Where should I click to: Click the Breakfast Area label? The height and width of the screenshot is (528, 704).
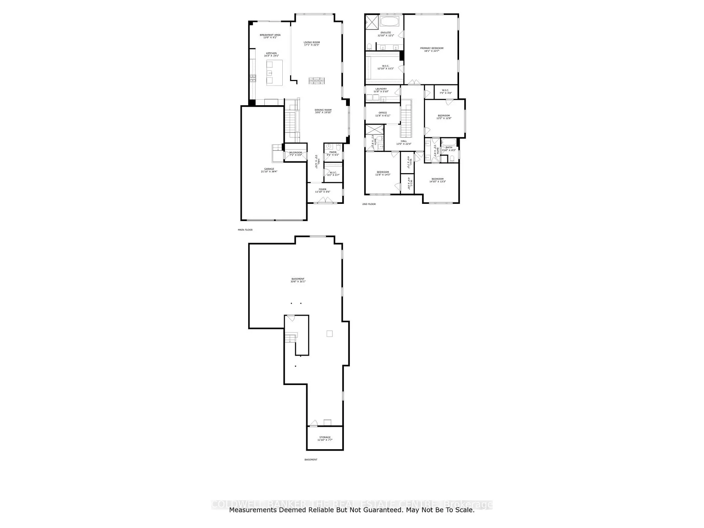pyautogui.click(x=270, y=35)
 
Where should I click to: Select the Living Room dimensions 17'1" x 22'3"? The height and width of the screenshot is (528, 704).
pyautogui.click(x=312, y=45)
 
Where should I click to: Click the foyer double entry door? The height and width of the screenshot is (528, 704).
pyautogui.click(x=323, y=200)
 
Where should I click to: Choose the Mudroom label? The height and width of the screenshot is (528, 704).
pyautogui.click(x=296, y=153)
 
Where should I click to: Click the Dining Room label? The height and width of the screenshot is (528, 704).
pyautogui.click(x=323, y=110)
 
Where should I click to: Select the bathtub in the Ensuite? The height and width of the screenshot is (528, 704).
pyautogui.click(x=391, y=21)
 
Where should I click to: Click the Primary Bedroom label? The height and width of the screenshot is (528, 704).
pyautogui.click(x=432, y=48)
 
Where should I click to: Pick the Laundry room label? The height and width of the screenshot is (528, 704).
pyautogui.click(x=381, y=89)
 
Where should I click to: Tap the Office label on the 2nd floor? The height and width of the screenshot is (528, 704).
pyautogui.click(x=383, y=113)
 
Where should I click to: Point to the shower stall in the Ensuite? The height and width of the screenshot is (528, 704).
pyautogui.click(x=372, y=22)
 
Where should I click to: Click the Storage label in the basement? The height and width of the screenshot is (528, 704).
pyautogui.click(x=325, y=437)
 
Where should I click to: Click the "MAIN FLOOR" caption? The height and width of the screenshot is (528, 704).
pyautogui.click(x=245, y=230)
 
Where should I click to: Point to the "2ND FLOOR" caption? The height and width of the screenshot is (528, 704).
pyautogui.click(x=369, y=204)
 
